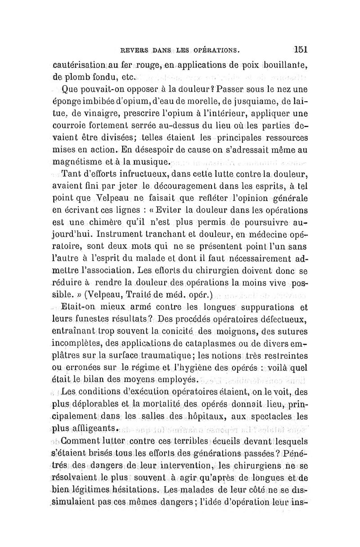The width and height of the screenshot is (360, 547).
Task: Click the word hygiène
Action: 201,368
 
